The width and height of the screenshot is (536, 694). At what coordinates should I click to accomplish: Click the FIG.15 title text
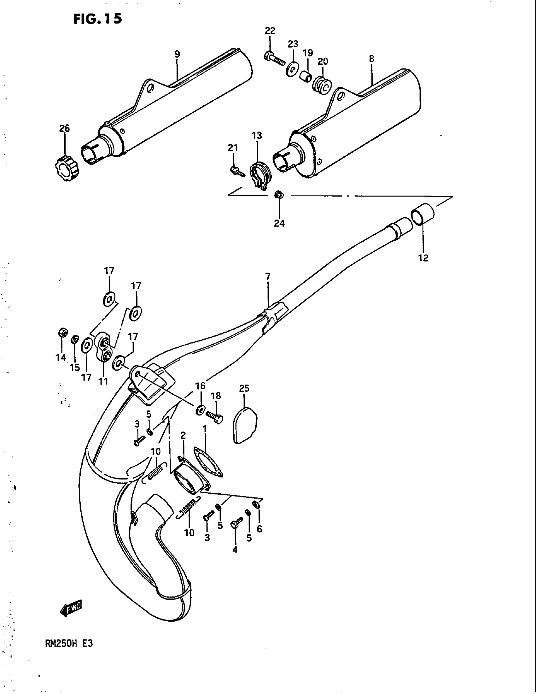pos(97,19)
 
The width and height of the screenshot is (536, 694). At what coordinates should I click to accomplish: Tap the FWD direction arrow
pos(71,609)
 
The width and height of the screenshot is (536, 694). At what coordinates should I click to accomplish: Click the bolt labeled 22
pos(275,59)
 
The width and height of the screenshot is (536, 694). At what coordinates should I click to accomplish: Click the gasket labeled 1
pos(208,464)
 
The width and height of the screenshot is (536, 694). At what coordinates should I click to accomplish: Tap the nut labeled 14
pos(62,332)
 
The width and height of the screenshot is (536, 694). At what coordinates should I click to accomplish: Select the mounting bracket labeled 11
pos(104,348)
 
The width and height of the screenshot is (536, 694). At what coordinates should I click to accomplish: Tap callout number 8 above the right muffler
pos(371,59)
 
